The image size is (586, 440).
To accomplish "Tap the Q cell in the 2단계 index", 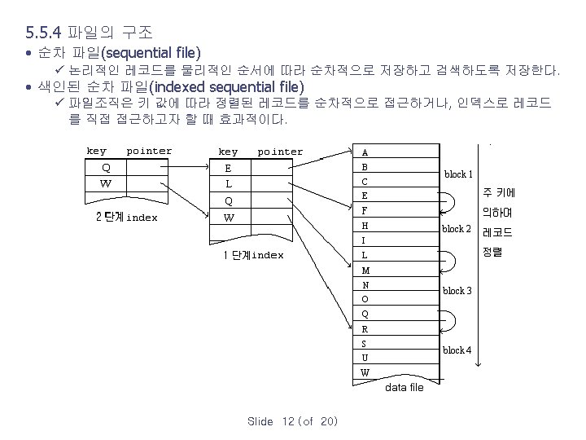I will tap(106, 167).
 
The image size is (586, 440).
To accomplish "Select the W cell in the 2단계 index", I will tap(106, 183).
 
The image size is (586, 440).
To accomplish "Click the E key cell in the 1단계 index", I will tap(229, 168).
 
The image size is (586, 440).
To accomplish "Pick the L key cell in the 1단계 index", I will tap(229, 183).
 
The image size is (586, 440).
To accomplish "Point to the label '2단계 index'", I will tap(126, 218).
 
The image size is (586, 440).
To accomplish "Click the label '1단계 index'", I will tap(253, 255).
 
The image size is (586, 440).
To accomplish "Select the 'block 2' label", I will tap(456, 229).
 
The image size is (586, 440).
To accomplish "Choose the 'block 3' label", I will tap(457, 291).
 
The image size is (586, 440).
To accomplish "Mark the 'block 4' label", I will tap(457, 350).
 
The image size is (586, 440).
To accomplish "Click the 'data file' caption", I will tap(405, 387).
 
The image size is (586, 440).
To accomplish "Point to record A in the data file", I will tap(365, 152).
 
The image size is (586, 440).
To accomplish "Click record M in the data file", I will tap(365, 270).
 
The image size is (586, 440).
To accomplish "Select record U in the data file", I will tap(365, 358).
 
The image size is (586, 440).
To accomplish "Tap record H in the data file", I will tap(365, 225).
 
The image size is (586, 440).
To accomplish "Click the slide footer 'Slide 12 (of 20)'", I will tap(292, 421).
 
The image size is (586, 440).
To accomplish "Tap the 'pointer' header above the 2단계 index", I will tap(149, 151).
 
